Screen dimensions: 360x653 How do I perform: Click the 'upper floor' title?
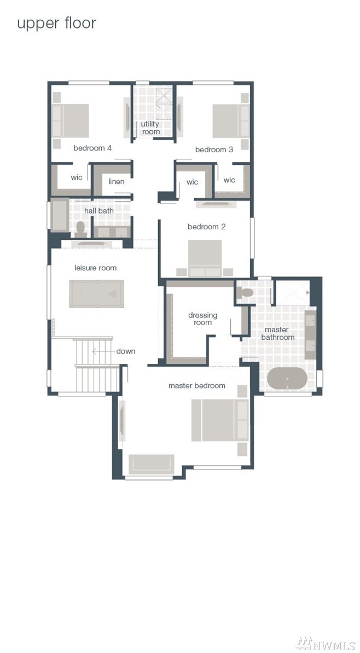click(56, 24)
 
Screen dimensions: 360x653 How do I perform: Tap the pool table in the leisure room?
click(96, 293)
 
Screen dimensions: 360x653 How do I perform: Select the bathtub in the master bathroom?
click(287, 378)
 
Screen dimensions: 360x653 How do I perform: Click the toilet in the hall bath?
click(80, 229)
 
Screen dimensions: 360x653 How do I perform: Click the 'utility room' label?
click(150, 128)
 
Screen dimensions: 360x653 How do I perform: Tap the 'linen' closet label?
click(116, 182)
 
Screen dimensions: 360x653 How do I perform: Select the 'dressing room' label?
click(202, 319)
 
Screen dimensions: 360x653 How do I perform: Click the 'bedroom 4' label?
click(92, 148)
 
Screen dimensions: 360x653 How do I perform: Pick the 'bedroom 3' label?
click(214, 149)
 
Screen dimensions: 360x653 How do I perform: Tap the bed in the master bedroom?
click(220, 420)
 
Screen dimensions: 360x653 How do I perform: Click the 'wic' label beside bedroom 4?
click(77, 177)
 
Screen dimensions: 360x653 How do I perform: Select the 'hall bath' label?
click(98, 211)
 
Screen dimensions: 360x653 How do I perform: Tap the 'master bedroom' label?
click(197, 386)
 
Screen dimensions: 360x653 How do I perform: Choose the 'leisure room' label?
click(95, 268)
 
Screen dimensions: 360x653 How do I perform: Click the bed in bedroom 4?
click(71, 120)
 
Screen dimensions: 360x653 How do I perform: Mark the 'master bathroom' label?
click(277, 333)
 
